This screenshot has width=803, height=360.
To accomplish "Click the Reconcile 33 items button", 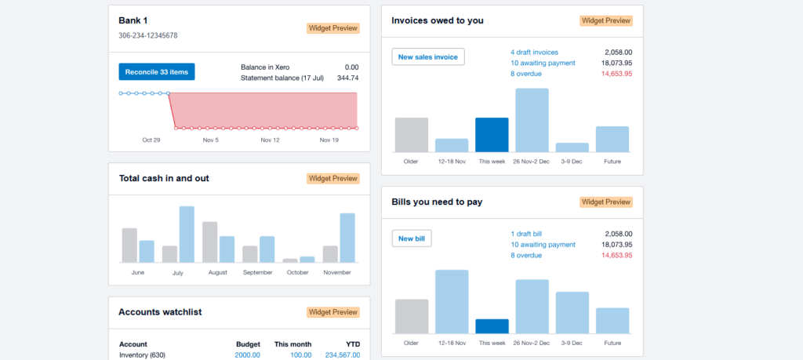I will click(157, 72).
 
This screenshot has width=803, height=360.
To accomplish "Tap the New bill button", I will click(412, 238).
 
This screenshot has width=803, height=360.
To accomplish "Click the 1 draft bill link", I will click(525, 234).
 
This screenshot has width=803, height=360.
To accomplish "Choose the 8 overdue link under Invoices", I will click(525, 74).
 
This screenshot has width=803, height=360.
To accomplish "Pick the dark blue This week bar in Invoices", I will click(492, 135).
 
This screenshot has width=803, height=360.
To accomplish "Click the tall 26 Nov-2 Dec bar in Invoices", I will click(532, 120).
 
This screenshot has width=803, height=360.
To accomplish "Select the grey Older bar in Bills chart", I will click(412, 316).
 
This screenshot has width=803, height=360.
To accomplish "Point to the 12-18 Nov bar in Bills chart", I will click(452, 302).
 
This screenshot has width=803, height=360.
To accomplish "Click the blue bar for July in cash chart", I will click(187, 235).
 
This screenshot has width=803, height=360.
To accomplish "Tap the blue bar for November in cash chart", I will click(347, 238).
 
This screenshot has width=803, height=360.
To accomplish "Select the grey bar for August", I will click(209, 242).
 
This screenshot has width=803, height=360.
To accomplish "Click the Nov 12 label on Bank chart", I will click(270, 140).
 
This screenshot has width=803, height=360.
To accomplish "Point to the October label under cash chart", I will click(298, 272).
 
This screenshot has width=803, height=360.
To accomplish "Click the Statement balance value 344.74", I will click(347, 78).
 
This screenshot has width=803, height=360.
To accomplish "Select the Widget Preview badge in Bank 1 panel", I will click(332, 28).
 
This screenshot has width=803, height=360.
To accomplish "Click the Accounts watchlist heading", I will click(160, 312).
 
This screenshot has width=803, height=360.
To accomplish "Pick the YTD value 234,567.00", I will click(342, 355).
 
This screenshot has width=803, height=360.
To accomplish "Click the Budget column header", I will click(248, 344).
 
